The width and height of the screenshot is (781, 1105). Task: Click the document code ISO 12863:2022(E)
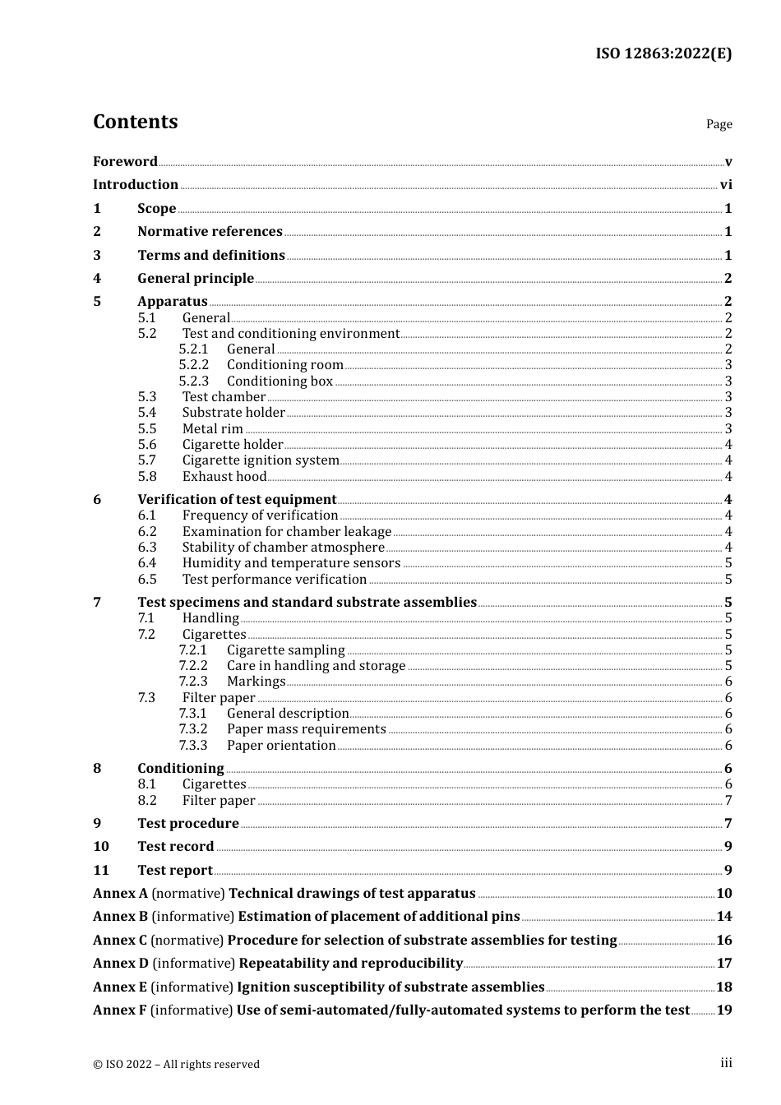click(663, 53)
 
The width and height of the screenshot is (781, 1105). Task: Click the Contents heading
click(135, 122)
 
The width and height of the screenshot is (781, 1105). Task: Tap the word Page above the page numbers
click(719, 124)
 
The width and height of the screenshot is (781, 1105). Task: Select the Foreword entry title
click(125, 161)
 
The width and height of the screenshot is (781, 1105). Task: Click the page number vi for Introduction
click(726, 185)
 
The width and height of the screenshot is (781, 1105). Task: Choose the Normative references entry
click(210, 232)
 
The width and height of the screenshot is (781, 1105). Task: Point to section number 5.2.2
click(194, 365)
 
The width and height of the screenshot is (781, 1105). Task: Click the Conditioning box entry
click(280, 381)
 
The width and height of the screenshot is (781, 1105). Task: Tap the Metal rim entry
click(212, 428)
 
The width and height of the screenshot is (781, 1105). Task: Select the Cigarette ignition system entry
click(261, 460)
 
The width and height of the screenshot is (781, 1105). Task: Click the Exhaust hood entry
click(224, 476)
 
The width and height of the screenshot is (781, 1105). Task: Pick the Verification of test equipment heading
click(237, 499)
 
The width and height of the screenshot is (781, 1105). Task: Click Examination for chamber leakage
click(286, 531)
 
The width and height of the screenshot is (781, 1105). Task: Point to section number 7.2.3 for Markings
click(193, 682)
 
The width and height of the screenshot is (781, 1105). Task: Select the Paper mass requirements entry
click(306, 729)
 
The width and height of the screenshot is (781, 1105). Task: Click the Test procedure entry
click(188, 823)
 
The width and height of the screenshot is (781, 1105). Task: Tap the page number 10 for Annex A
click(724, 894)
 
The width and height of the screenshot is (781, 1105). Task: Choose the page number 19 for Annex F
click(724, 1010)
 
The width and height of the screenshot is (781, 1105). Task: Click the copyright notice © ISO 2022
click(176, 1064)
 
